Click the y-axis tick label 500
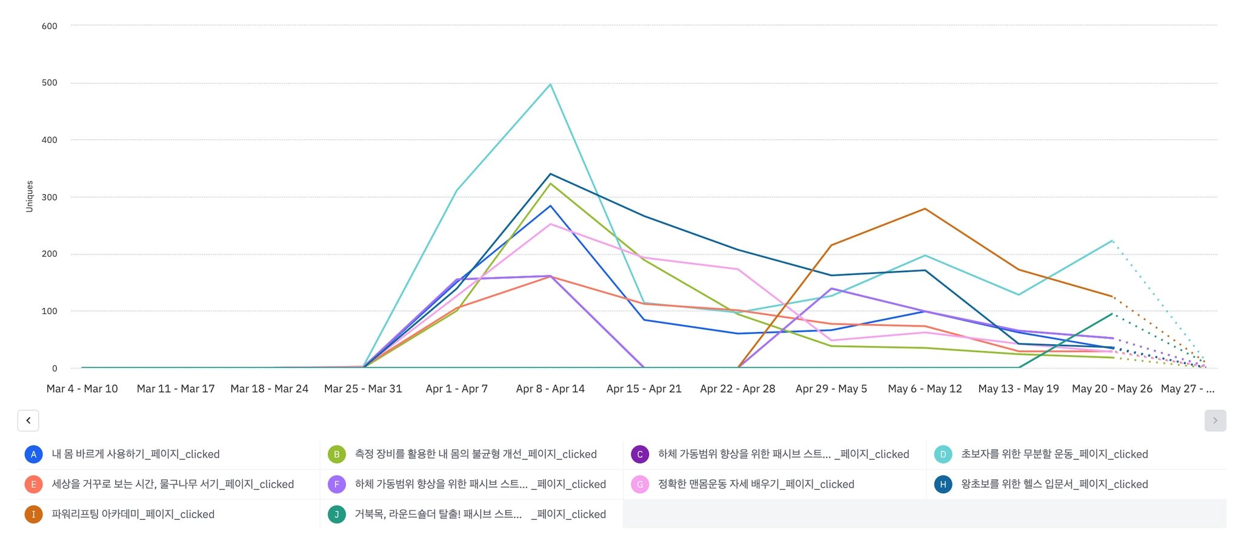[x=50, y=83]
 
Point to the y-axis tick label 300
[x=50, y=197]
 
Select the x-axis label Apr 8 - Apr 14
[x=550, y=389]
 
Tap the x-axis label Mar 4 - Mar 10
[x=82, y=389]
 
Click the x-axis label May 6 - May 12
[x=925, y=389]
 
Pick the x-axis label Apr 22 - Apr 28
[x=737, y=389]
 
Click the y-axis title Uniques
[x=30, y=196]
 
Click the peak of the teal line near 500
[x=550, y=84]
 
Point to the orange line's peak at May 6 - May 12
[x=925, y=209]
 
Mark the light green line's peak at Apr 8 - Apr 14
[x=550, y=184]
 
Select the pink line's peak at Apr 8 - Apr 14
[x=550, y=224]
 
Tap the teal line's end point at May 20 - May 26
[x=1112, y=241]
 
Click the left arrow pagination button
[x=28, y=421]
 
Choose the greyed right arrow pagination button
[x=1215, y=421]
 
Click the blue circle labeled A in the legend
[x=33, y=454]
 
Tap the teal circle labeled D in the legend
[x=943, y=454]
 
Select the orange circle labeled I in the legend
[x=33, y=514]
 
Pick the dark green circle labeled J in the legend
[x=336, y=514]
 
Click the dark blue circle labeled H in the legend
[x=943, y=484]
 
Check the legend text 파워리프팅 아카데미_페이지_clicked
[x=133, y=514]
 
